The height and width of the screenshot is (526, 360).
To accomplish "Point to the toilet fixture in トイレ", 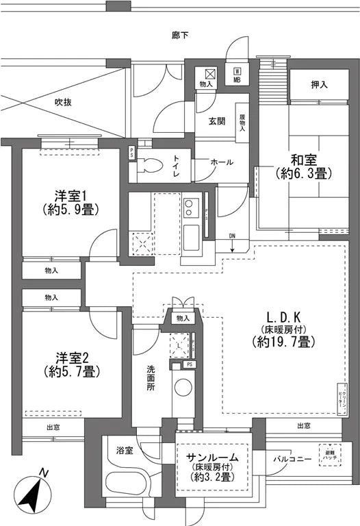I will pyautogui.click(x=152, y=164).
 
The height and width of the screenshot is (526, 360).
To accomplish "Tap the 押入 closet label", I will pyautogui.click(x=319, y=86).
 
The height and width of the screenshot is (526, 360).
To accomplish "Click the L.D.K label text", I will pyautogui.click(x=281, y=318).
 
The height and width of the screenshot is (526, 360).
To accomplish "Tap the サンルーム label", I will pyautogui.click(x=211, y=457).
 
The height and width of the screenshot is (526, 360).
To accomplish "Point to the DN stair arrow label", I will pyautogui.click(x=233, y=237).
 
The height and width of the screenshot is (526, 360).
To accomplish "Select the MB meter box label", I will pyautogui.click(x=236, y=75).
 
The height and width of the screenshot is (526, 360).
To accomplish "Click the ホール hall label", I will pyautogui.click(x=221, y=162).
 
